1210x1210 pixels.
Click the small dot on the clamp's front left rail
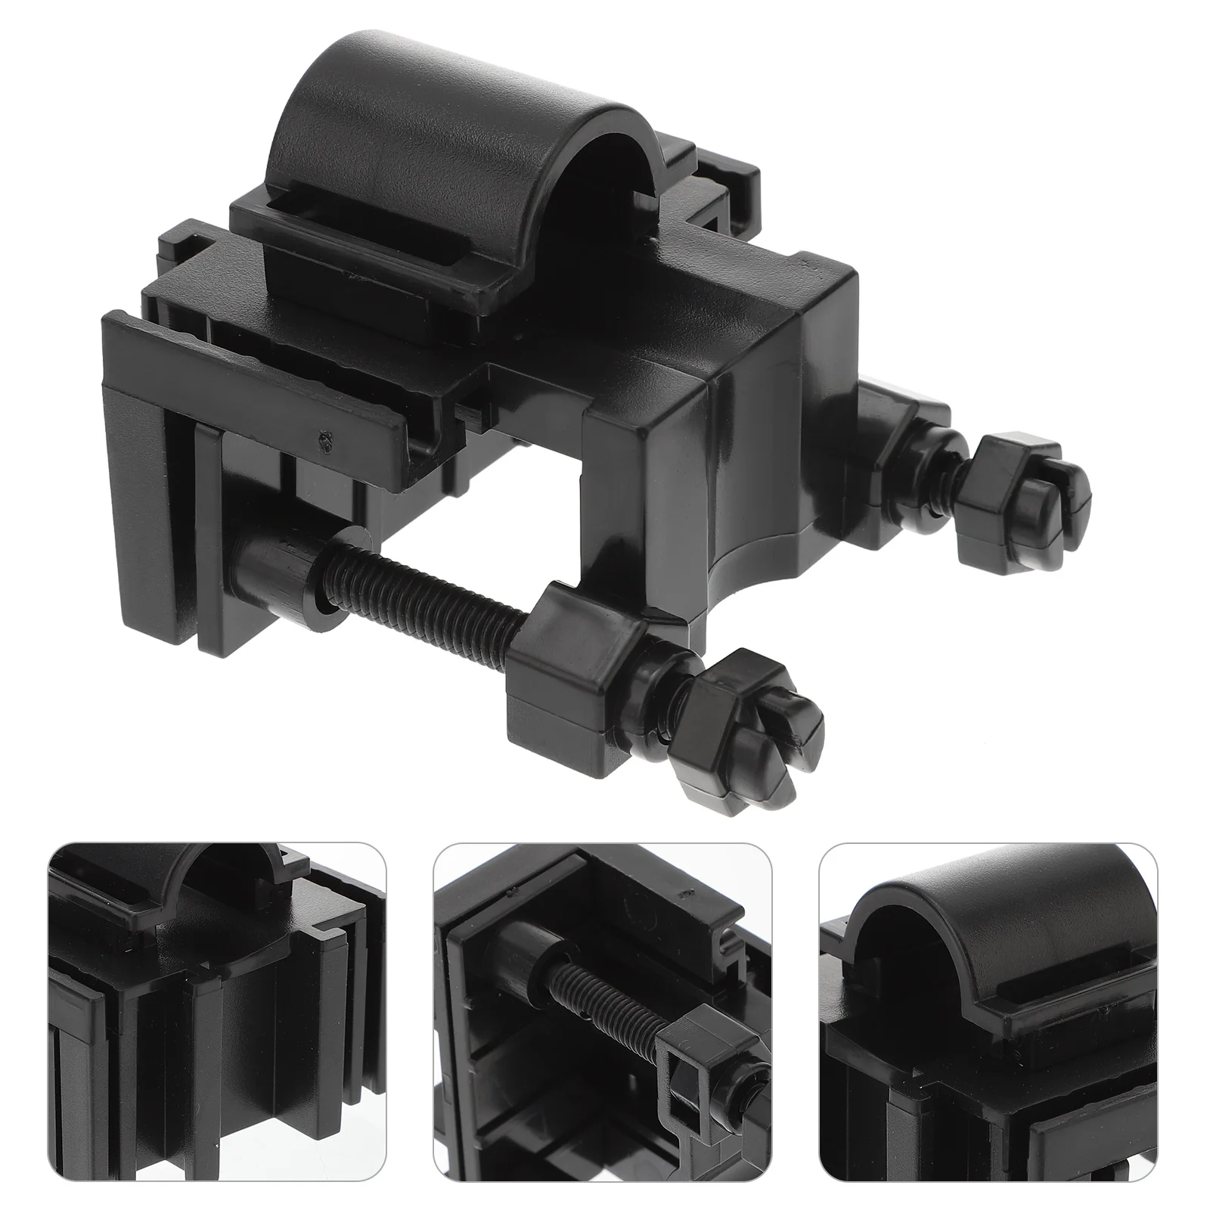point(324,436)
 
